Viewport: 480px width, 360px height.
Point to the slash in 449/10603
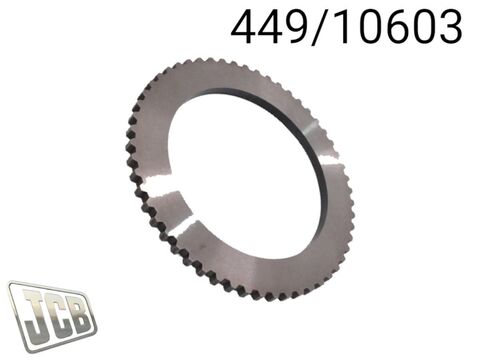tap(319, 27)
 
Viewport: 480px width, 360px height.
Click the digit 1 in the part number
tap(341, 27)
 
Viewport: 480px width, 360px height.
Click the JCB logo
tap(52, 317)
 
